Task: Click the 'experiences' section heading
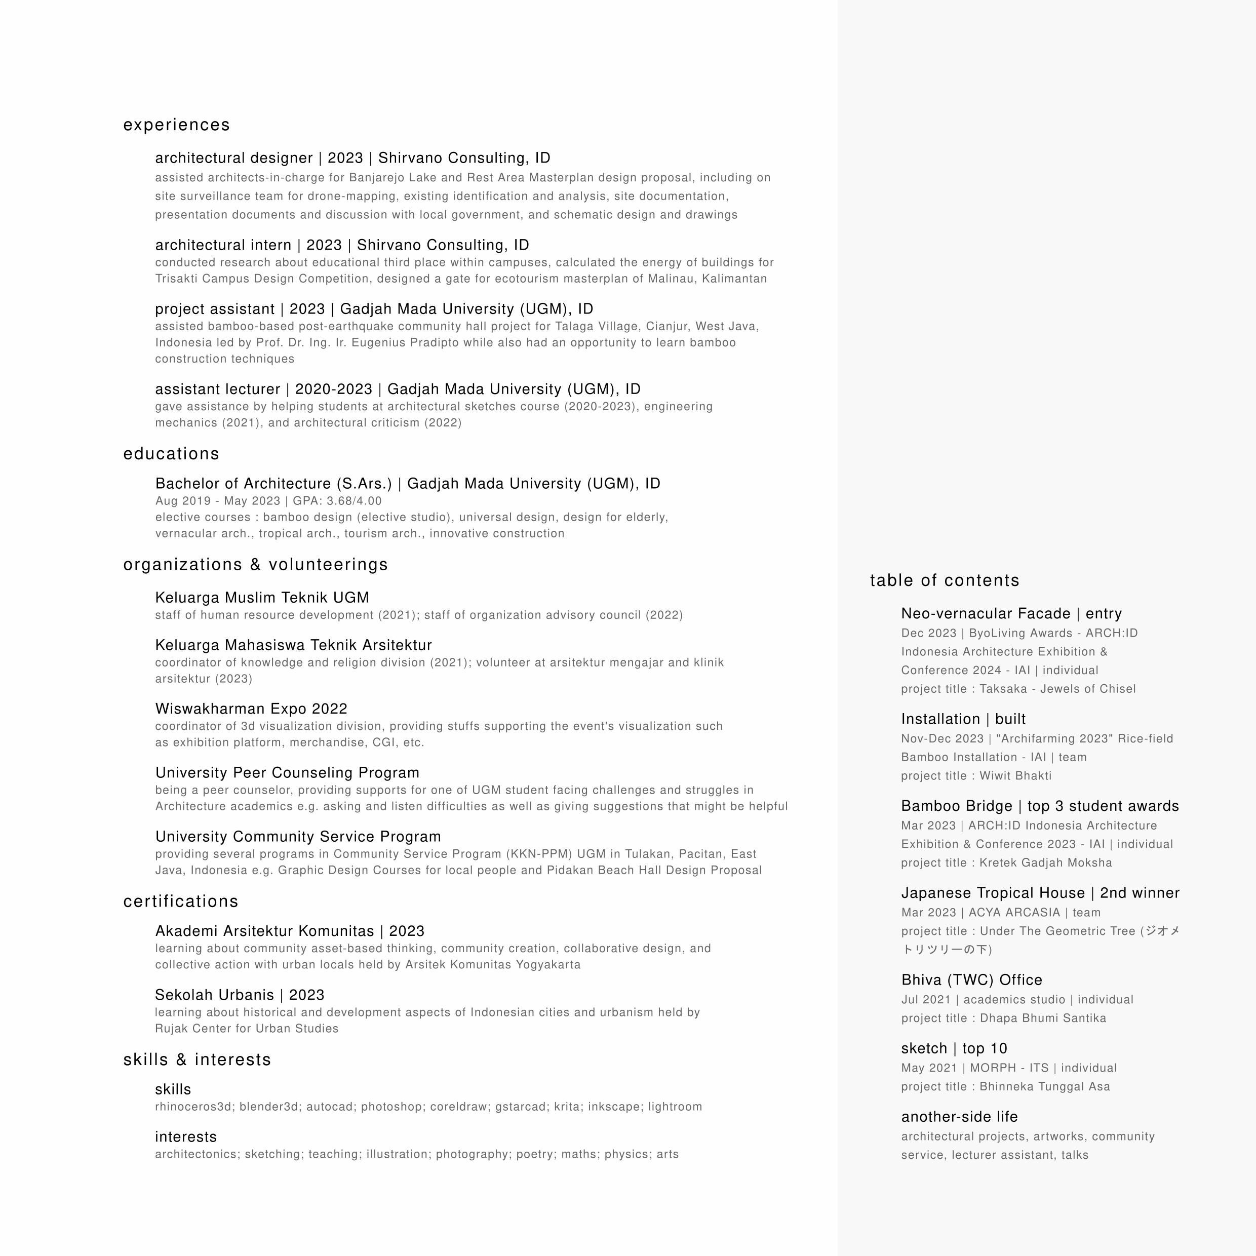point(176,125)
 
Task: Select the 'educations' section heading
point(171,454)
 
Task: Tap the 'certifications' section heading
point(181,901)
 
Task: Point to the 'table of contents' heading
point(945,580)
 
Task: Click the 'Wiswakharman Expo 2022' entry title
point(251,709)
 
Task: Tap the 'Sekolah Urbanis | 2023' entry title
point(239,995)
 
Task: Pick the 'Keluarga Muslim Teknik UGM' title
point(262,598)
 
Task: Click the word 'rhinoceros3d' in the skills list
point(194,1107)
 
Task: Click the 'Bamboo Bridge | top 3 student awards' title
point(1040,806)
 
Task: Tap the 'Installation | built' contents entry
point(963,719)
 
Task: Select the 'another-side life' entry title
point(959,1116)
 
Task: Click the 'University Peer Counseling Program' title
point(287,772)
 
